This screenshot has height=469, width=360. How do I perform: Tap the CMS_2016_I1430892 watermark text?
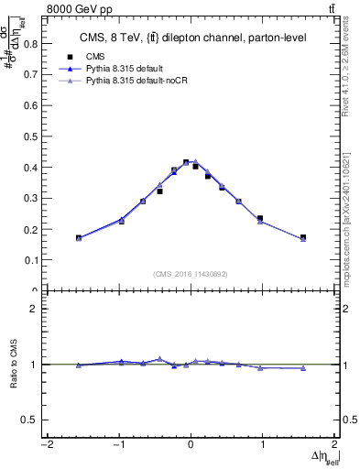pos(191,273)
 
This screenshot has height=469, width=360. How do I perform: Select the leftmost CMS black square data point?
pos(79,238)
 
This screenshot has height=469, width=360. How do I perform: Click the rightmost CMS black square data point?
pos(303,238)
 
